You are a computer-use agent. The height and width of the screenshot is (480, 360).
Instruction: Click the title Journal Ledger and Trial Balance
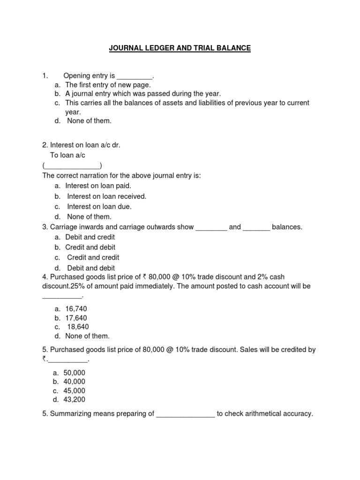pos(180,48)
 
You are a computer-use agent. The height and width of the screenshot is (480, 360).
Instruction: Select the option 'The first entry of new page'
pos(108,85)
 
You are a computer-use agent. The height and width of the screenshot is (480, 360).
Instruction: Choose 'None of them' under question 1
pos(89,121)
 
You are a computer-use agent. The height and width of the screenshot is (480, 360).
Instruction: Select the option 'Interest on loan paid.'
pos(98,186)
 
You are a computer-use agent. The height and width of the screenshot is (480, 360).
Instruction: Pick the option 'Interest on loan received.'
pos(106,196)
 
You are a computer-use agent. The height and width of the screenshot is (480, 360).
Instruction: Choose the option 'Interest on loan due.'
pos(99,207)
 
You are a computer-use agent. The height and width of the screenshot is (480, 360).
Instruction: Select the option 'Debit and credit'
pos(90,237)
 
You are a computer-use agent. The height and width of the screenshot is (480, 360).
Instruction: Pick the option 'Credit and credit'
pos(93,257)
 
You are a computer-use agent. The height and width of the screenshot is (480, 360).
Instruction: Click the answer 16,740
pos(76,309)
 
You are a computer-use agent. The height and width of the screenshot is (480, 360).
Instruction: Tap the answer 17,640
pos(76,318)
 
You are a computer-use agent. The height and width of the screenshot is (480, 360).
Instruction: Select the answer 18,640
pos(78,327)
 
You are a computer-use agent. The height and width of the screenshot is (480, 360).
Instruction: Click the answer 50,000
pos(75,373)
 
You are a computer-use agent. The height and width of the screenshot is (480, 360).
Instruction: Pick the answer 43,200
pos(75,399)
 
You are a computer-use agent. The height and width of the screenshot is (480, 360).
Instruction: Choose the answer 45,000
pos(75,390)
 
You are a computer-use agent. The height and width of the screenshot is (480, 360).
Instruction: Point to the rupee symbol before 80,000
pos(145,277)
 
